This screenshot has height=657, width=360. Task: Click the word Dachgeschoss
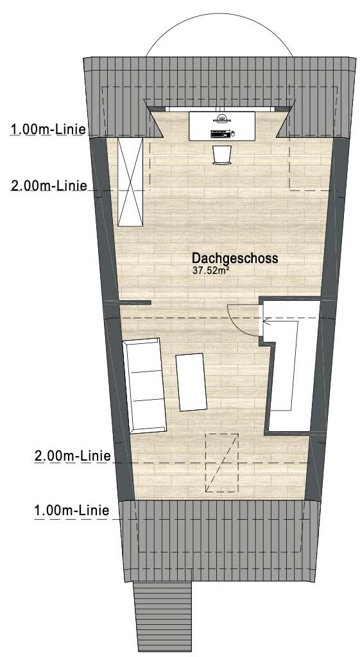(235, 258)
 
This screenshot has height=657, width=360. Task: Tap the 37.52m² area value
(211, 271)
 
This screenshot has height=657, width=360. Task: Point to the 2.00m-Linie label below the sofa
(72, 456)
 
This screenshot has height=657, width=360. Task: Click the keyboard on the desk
(219, 133)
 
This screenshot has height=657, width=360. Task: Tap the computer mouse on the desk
(233, 133)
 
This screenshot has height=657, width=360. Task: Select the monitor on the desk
(222, 119)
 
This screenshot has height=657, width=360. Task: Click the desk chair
(222, 154)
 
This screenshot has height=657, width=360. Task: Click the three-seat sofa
(145, 385)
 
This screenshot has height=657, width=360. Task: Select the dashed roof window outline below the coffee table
(221, 462)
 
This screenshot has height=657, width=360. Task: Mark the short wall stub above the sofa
(135, 302)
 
